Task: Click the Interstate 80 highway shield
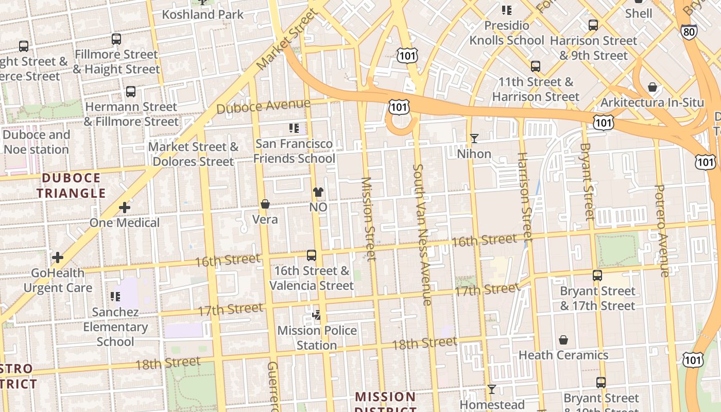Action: coord(689,31)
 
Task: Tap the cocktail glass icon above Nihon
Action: coord(474,139)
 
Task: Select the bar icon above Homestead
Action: coord(491,389)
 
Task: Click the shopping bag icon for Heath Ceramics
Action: coord(563,340)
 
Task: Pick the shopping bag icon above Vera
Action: coord(265,204)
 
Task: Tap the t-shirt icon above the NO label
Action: coord(318,192)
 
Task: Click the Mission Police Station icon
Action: coord(317,315)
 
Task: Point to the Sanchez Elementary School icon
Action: coord(115,296)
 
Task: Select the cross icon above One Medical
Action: coord(124,208)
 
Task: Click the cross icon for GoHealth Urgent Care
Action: coord(58,257)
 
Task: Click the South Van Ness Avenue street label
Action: coord(422,234)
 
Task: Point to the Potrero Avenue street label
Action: coord(662,231)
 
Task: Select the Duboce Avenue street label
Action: coord(263,106)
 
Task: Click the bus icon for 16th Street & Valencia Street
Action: coord(311,255)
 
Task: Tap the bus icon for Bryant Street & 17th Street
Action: coord(597,276)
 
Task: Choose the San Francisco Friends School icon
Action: coord(294,128)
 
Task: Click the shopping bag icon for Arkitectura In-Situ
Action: coord(652,87)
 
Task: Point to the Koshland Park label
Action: coord(202,14)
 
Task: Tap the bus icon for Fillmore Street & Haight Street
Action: coord(116,39)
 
